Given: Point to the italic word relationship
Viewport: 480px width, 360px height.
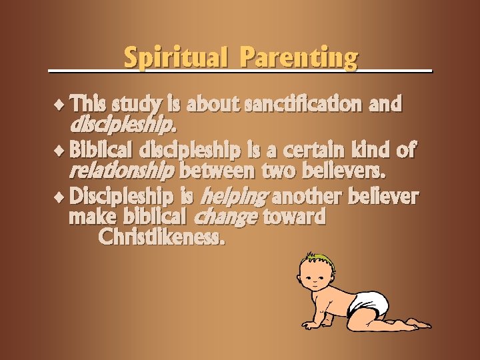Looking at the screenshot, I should click(x=121, y=172).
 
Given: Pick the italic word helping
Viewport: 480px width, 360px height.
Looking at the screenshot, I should click(x=235, y=197).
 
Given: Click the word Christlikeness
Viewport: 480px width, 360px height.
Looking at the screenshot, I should click(x=161, y=237).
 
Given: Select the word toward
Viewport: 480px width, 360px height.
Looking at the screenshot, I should click(x=294, y=217).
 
